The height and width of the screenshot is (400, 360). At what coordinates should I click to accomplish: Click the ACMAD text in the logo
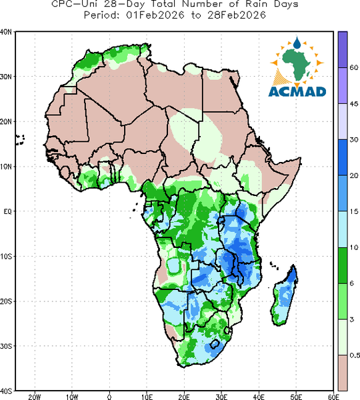coord(297,91)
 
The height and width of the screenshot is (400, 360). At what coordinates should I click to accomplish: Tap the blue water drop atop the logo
coord(297,43)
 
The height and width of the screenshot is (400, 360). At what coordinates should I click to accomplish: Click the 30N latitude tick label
coord(5,77)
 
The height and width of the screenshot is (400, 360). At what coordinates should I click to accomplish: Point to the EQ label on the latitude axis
coord(7,211)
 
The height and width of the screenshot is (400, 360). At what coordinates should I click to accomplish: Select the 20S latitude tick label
coord(5,301)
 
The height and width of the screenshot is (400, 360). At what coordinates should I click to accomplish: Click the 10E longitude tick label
coord(147,397)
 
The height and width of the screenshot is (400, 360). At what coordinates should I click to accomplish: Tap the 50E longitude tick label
coord(296,397)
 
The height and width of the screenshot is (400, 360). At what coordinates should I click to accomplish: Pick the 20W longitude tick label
coord(35,397)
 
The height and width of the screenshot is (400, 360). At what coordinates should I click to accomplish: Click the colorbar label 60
coord(354,67)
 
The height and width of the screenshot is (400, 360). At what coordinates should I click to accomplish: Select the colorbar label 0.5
coord(355,355)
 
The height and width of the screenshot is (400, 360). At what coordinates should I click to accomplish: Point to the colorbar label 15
coord(353,211)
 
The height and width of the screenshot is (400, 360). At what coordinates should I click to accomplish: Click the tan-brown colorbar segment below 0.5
coord(343,373)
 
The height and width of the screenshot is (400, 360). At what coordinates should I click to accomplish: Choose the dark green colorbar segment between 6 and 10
coord(343,265)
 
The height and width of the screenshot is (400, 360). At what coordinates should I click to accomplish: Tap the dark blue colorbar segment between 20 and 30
coord(343,157)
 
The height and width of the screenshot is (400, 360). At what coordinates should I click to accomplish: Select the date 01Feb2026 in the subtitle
coord(155,15)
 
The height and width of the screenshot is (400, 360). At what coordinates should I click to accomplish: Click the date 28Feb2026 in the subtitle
coord(237,15)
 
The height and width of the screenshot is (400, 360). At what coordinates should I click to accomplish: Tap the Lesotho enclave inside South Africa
coord(215,344)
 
